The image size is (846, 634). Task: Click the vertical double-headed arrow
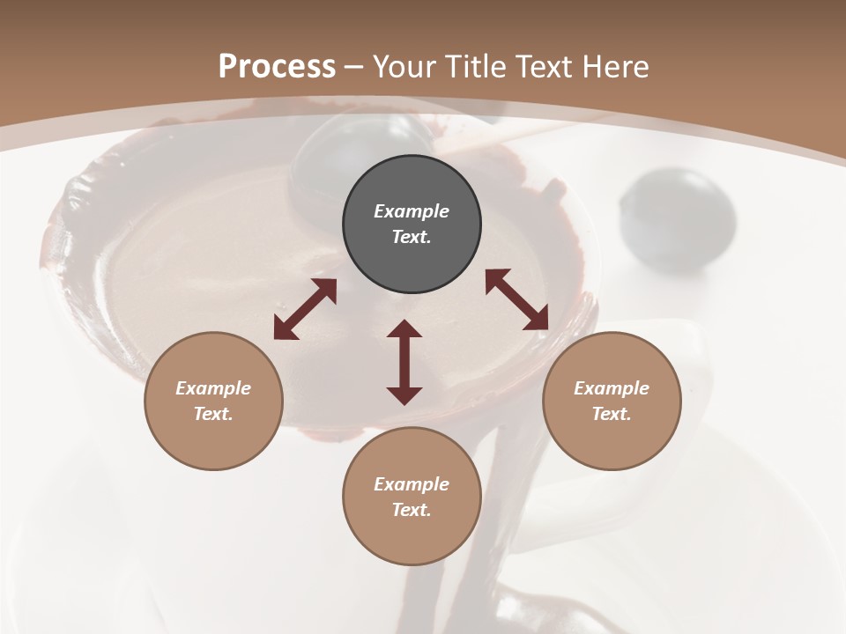tap(404, 362)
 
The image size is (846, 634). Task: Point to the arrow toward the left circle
tap(305, 309)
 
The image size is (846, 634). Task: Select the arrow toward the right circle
tap(517, 299)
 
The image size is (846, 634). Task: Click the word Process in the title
tap(277, 66)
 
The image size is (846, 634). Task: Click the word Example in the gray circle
tap(412, 211)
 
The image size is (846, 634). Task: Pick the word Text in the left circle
tap(213, 414)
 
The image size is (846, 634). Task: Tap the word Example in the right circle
tap(612, 388)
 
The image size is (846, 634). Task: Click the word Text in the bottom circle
tap(412, 510)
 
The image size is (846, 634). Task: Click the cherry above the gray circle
tap(361, 145)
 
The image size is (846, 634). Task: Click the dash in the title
tap(354, 66)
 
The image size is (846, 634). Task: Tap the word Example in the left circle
tap(213, 388)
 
